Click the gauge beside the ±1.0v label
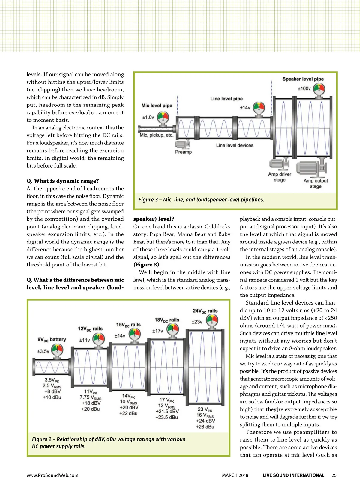[163, 118]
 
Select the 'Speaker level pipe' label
[303, 79]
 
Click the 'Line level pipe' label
[226, 99]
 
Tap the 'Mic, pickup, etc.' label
[157, 135]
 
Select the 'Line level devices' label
[235, 145]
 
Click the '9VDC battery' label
[52, 339]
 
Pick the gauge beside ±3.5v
[57, 350]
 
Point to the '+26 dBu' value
[205, 427]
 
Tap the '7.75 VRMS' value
[90, 397]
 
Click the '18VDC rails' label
[167, 320]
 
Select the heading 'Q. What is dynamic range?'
[63, 181]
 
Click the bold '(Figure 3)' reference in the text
[146, 265]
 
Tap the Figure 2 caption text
[109, 442]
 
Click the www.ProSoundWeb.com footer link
[52, 475]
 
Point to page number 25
[334, 475]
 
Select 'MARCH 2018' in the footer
[235, 475]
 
